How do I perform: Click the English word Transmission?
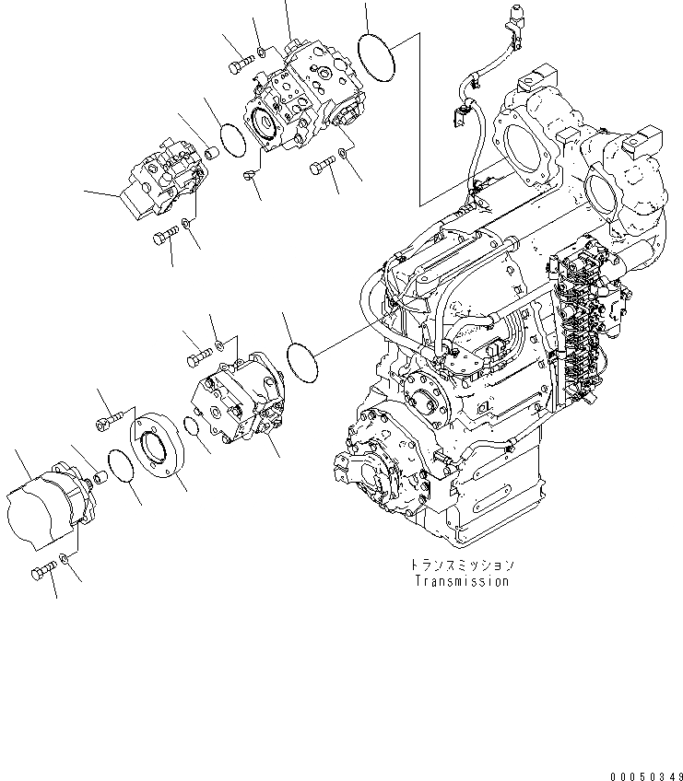pyautogui.click(x=461, y=581)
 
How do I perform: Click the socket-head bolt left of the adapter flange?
pyautogui.click(x=106, y=423)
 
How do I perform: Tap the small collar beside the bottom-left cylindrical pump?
pyautogui.click(x=98, y=478)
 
